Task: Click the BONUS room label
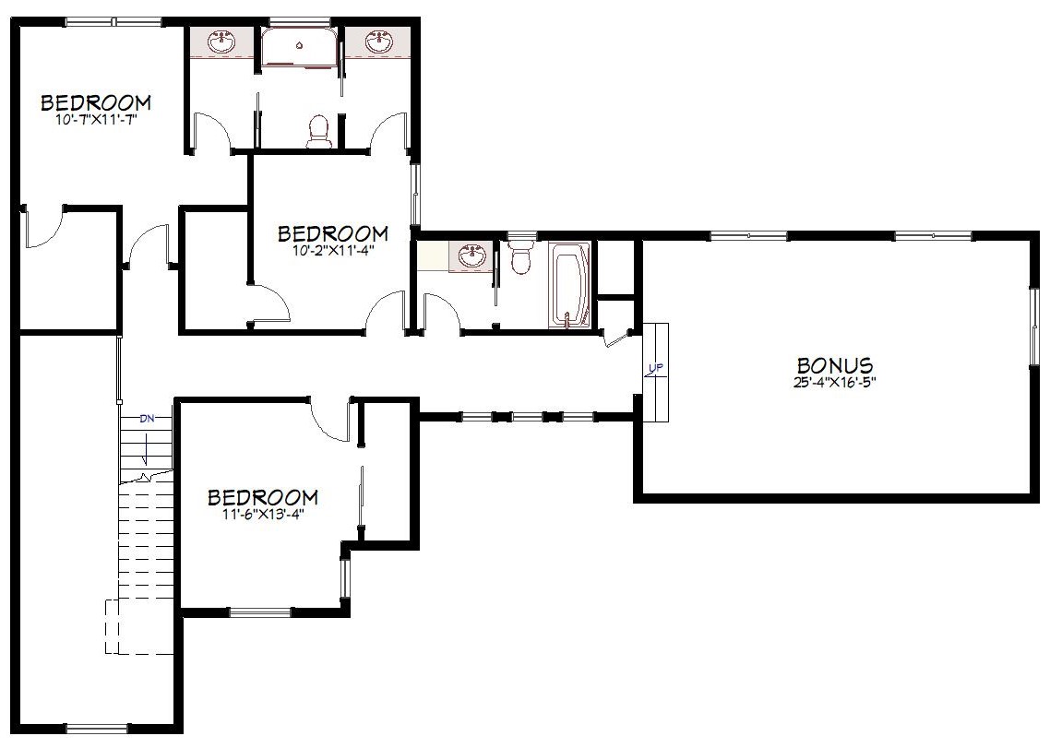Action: [834, 365]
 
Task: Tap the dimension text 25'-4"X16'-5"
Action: [835, 383]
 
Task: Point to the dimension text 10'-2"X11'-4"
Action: [333, 251]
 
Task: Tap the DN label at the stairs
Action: [147, 420]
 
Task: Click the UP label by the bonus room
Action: [656, 368]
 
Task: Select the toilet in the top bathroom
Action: [318, 131]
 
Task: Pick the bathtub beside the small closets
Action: [569, 285]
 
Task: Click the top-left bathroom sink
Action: [221, 42]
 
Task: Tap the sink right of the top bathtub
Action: [379, 42]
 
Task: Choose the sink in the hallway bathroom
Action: [472, 255]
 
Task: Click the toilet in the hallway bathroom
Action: [520, 255]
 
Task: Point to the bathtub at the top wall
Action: [299, 46]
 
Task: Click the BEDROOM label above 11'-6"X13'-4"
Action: [262, 497]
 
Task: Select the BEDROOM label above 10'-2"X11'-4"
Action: [333, 233]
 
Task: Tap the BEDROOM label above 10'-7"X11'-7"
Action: [97, 102]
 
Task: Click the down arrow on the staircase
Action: [146, 446]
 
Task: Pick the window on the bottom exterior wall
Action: [98, 729]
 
